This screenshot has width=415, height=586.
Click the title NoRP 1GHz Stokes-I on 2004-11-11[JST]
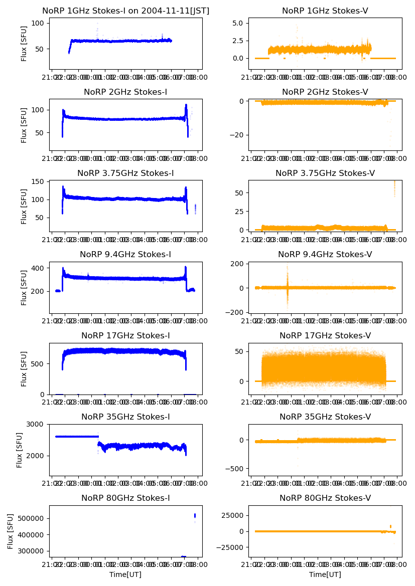(x=125, y=11)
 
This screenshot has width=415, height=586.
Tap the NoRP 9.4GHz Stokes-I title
(x=125, y=254)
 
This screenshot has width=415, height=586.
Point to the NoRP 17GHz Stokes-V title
(x=325, y=335)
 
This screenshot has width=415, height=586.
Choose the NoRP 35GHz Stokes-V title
(x=325, y=417)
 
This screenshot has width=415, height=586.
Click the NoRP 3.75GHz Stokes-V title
(x=325, y=173)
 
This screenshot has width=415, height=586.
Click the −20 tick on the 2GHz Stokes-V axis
(x=238, y=135)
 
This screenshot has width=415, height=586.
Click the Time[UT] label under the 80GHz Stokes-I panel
(x=125, y=574)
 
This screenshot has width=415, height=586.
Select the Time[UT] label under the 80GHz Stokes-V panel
(x=325, y=574)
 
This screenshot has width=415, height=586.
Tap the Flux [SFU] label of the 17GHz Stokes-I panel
(x=24, y=369)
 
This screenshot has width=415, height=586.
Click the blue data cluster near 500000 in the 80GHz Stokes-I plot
(x=195, y=515)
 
